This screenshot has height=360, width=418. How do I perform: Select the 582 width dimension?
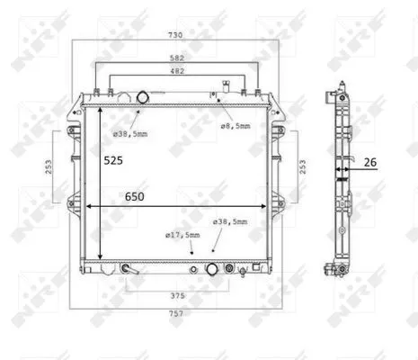click(x=177, y=58)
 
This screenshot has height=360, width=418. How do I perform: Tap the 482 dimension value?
click(x=177, y=70)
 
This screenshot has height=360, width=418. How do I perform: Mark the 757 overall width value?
click(x=176, y=317)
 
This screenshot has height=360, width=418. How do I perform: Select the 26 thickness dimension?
click(x=370, y=163)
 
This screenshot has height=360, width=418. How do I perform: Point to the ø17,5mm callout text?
click(x=182, y=236)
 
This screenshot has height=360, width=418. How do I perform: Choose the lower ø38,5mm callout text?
click(x=230, y=221)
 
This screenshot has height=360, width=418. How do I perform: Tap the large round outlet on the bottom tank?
click(x=212, y=268)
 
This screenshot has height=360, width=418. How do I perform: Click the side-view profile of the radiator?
click(x=341, y=180)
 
